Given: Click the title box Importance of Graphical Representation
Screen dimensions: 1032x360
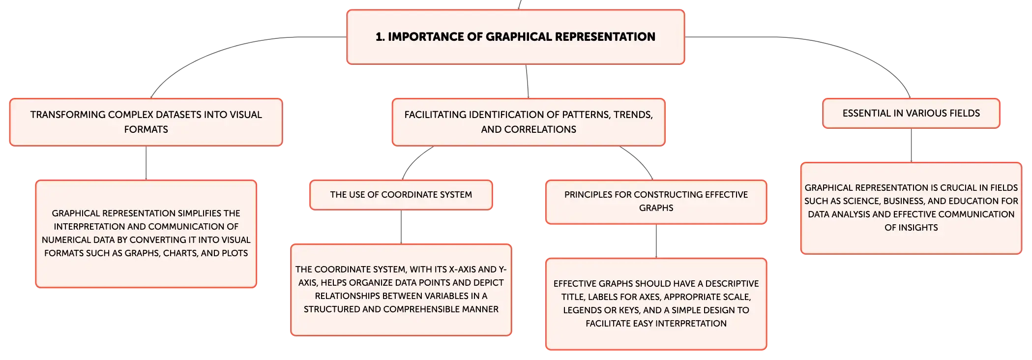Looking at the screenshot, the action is [516, 37].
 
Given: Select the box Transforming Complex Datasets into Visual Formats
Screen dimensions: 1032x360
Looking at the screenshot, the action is [146, 122].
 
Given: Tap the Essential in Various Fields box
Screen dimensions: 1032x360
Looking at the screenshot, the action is [911, 113].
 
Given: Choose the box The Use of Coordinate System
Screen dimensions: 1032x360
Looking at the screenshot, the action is [401, 195].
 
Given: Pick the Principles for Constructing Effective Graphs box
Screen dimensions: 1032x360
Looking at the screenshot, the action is [656, 202].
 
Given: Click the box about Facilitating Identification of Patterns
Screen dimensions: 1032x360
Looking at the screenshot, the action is [529, 122].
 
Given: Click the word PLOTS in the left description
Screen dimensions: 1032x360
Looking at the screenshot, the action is [235, 253].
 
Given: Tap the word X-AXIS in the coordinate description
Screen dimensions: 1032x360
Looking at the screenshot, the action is [465, 270].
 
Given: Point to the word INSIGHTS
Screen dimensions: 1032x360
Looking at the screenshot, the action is [918, 228].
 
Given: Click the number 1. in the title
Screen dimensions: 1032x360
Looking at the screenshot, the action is [380, 37].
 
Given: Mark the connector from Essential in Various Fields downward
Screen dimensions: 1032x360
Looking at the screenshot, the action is [911, 145].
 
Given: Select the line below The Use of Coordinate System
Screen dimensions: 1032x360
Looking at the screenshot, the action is [401, 227].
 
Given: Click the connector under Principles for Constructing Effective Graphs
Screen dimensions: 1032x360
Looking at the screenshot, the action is [656, 241].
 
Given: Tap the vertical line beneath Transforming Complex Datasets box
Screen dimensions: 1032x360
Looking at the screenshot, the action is [146, 163].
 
